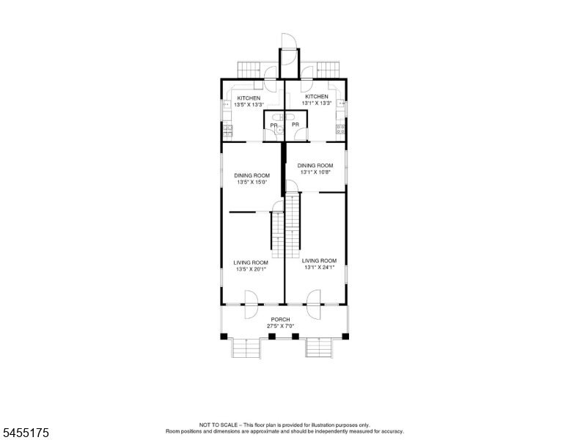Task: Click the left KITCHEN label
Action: (249, 98)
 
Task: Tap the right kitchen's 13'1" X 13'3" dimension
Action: (317, 103)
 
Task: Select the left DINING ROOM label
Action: (252, 176)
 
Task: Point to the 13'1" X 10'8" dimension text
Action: (315, 172)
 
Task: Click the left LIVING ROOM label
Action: (251, 263)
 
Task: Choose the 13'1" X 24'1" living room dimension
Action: (320, 267)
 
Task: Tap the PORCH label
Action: (281, 320)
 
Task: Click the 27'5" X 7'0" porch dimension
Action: (281, 326)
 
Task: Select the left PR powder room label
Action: (274, 125)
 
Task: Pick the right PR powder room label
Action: (295, 125)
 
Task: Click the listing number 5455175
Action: (26, 433)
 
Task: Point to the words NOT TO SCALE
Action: (218, 425)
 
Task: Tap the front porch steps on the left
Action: (246, 348)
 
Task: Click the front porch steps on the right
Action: (319, 348)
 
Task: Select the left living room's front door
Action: (251, 304)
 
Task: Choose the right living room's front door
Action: (314, 304)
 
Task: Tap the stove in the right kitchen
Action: (340, 130)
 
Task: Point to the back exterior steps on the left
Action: (249, 70)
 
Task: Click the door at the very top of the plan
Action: (289, 49)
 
